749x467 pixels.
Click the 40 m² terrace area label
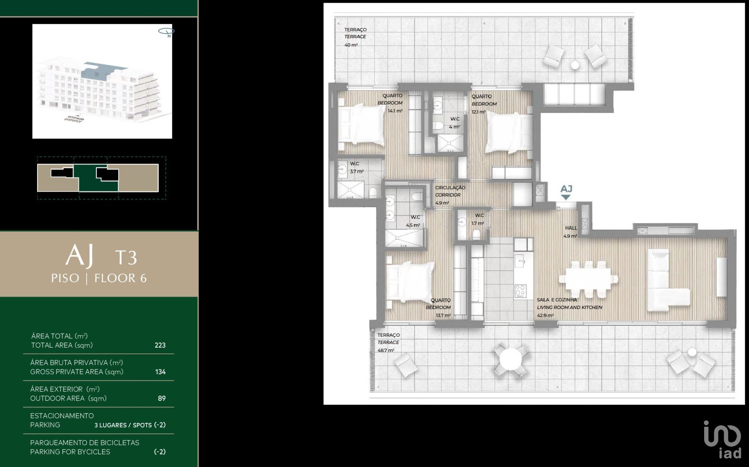[351, 45]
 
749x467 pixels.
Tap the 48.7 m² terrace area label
[386, 350]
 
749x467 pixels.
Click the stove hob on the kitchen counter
[520, 291]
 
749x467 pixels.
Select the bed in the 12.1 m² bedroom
[509, 133]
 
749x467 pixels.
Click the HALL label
[571, 228]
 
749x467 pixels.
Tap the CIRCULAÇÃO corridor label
[450, 188]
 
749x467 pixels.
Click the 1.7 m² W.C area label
[477, 224]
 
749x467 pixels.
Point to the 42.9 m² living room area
[545, 315]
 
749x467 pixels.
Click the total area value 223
[160, 345]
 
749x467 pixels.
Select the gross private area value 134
[160, 372]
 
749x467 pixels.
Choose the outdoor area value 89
[162, 398]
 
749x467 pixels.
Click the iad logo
[722, 439]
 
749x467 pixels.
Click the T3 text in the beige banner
[126, 257]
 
